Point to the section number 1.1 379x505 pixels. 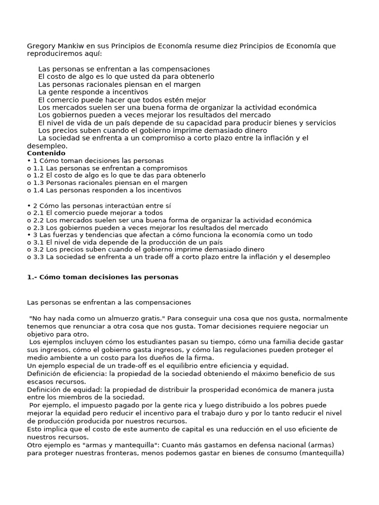(38, 168)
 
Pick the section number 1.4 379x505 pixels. (38, 190)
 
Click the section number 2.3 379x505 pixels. (38, 228)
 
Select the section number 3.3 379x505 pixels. (38, 257)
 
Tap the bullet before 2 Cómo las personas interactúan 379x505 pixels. (29, 205)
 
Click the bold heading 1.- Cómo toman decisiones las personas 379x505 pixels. (102, 277)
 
